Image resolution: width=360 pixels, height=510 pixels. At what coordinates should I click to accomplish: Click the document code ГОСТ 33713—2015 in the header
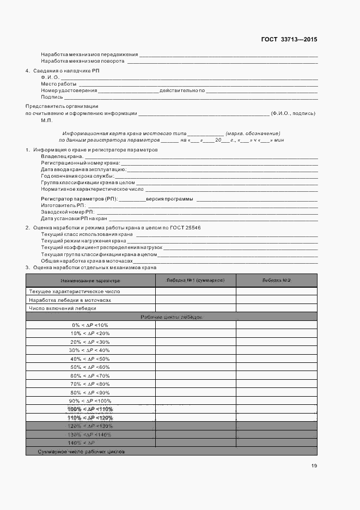click(x=289, y=39)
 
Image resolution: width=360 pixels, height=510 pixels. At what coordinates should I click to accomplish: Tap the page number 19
click(x=314, y=466)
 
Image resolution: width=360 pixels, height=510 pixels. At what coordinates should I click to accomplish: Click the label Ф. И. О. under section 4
click(x=50, y=77)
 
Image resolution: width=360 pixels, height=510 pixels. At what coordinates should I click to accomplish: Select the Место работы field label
click(x=58, y=84)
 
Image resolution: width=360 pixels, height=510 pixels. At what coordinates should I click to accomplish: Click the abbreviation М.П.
click(x=46, y=120)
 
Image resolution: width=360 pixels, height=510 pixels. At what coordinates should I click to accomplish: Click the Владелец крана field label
click(x=62, y=156)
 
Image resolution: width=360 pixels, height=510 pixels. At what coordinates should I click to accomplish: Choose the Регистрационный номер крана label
click(x=80, y=163)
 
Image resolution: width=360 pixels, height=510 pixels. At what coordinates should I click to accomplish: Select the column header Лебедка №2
click(x=276, y=280)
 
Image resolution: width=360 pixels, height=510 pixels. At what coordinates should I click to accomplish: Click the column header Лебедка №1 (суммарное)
click(x=196, y=280)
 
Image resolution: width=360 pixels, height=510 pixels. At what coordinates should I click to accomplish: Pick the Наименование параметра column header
click(x=90, y=280)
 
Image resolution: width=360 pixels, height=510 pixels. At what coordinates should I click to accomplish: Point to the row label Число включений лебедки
click(x=63, y=308)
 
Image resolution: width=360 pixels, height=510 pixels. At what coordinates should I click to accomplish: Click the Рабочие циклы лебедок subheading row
click(x=171, y=317)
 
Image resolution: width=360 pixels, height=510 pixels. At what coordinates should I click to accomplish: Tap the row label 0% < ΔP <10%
click(x=90, y=325)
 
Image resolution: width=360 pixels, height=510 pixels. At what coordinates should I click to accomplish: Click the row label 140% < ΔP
click(x=90, y=443)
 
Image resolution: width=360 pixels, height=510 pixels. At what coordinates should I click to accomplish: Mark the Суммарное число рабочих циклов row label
click(x=81, y=452)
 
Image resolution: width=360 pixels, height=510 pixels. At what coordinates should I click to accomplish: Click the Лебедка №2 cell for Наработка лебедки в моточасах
click(x=276, y=300)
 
